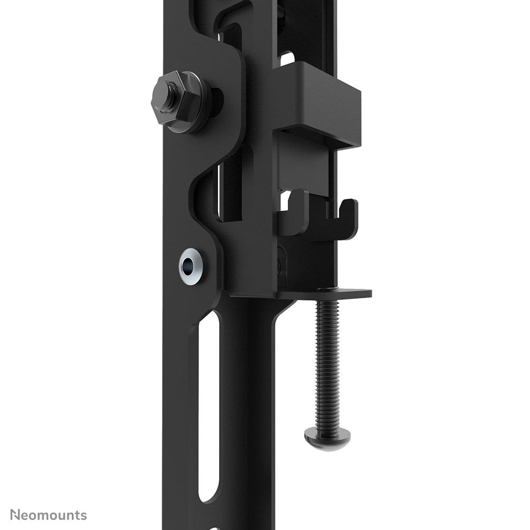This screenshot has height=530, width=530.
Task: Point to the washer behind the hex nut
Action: click(198, 106)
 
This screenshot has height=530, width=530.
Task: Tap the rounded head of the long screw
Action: click(327, 438)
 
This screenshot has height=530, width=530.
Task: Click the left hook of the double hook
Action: click(296, 211)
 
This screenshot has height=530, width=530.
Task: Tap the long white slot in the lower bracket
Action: click(209, 406)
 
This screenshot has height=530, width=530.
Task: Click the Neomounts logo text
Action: click(49, 515)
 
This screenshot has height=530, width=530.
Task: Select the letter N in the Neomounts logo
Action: click(16, 515)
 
